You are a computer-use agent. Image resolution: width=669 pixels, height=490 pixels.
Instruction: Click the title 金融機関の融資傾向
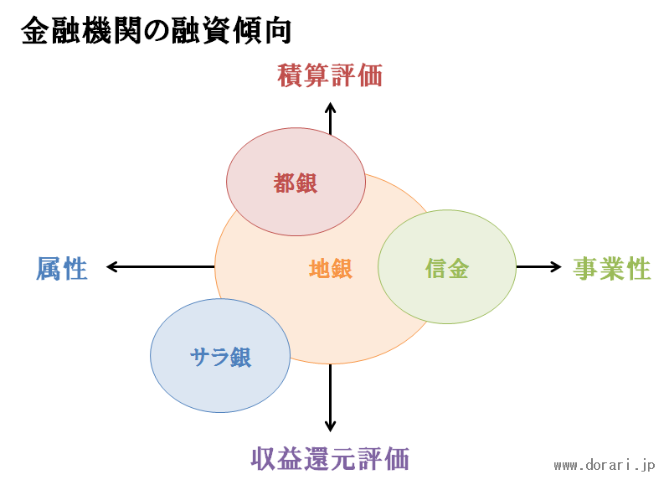157,31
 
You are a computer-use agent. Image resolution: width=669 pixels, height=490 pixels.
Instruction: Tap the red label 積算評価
330,75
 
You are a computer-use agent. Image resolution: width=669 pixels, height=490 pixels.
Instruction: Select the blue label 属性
62,269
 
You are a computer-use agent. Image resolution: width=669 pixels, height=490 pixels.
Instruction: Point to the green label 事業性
612,269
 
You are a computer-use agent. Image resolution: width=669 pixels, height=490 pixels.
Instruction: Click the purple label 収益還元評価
330,459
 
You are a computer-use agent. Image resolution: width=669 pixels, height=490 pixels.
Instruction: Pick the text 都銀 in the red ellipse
296,183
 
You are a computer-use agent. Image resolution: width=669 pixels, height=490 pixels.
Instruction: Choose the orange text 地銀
331,269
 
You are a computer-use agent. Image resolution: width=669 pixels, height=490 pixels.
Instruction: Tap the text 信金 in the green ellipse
447,269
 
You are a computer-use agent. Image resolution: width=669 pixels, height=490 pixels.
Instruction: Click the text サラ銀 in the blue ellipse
220,357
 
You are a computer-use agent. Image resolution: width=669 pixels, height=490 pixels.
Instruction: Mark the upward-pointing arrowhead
330,106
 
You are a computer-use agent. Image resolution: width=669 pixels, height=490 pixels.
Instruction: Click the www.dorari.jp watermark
605,465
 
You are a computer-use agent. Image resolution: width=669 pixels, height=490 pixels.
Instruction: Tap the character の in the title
157,31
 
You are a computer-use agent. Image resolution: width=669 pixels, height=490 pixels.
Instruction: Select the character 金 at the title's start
34,31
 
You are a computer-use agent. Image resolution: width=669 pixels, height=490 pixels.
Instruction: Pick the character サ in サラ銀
199,357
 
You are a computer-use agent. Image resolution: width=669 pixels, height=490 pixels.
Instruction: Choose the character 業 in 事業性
612,269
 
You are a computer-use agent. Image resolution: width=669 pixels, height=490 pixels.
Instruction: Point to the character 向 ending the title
279,31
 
